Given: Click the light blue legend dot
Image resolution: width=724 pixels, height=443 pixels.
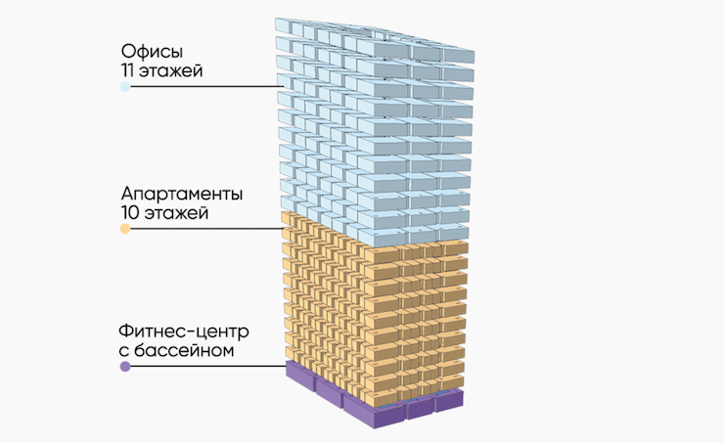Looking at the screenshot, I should (125, 87).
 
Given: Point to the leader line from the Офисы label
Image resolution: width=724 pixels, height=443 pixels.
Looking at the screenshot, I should (205, 87).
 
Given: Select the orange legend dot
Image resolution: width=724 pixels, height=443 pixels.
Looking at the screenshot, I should (125, 229).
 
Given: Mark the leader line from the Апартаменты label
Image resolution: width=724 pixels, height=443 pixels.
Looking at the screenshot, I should (205, 229).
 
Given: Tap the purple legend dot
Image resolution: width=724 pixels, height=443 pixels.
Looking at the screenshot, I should (125, 368).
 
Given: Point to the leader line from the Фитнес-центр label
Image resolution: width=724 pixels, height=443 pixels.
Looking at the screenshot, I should (205, 368).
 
